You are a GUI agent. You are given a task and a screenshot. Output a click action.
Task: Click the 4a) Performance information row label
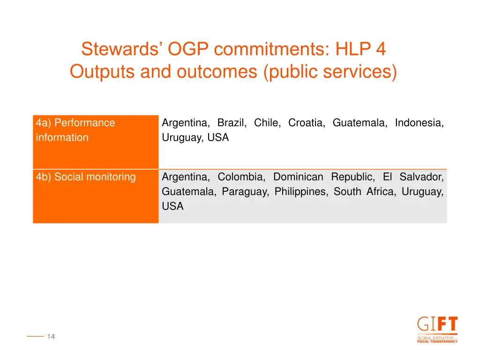(x=75, y=130)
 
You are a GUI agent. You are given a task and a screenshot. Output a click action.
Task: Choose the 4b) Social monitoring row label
(x=86, y=177)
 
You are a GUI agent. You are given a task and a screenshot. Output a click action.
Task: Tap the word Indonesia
(x=419, y=123)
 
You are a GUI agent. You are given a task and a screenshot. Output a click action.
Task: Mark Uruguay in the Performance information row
(x=180, y=138)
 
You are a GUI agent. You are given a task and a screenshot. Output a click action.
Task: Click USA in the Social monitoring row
(x=172, y=206)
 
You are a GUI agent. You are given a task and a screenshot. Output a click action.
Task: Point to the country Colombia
(x=241, y=177)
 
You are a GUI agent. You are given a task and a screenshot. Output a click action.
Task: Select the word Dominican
(x=298, y=177)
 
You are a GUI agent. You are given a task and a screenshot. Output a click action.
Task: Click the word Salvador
(x=421, y=177)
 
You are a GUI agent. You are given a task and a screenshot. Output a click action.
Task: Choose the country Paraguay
(x=245, y=191)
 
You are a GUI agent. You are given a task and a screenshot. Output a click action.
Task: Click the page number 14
(x=51, y=336)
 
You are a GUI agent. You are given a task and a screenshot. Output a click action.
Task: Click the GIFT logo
(x=437, y=330)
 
